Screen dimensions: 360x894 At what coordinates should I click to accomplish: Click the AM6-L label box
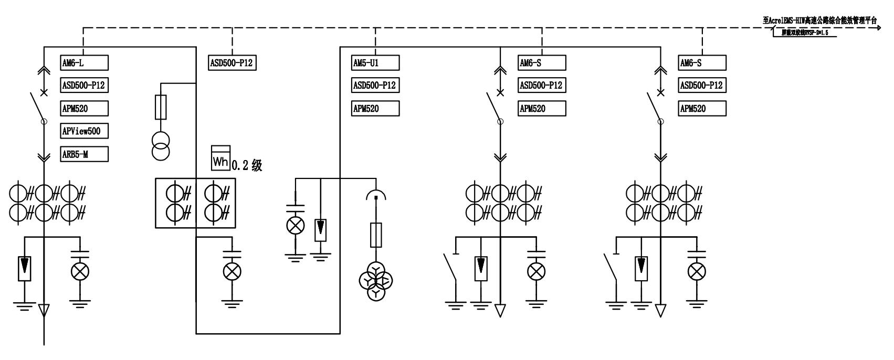(x=85, y=63)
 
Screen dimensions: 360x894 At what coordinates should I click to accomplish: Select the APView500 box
(x=85, y=131)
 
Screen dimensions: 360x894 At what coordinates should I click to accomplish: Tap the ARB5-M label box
(x=85, y=154)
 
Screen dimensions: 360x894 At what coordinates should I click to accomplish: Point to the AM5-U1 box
(x=375, y=63)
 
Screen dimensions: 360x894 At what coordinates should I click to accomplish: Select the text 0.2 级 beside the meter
(x=247, y=166)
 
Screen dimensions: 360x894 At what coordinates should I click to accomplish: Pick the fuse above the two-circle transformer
(x=161, y=107)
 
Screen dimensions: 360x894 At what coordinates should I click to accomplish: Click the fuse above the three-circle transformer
(x=376, y=234)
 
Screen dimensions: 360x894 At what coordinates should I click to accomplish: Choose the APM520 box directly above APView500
(x=85, y=109)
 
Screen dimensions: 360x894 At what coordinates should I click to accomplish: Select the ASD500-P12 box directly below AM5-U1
(x=375, y=85)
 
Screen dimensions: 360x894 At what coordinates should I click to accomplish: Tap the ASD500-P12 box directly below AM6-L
(x=85, y=85)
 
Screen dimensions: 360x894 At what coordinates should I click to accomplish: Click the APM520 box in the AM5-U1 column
(x=375, y=109)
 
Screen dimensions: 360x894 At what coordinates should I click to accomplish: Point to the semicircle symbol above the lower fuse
(x=376, y=196)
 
